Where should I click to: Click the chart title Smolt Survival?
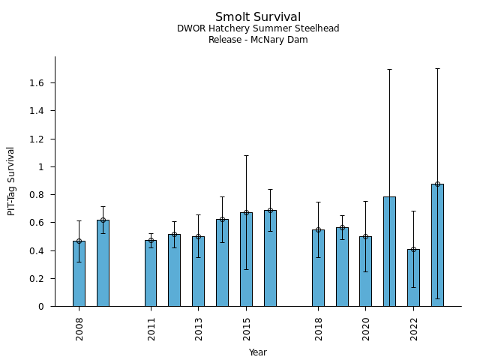(x=258, y=17)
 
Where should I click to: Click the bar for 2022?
(x=413, y=277)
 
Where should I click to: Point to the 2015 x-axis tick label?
(x=247, y=328)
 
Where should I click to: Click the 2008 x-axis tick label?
(x=79, y=328)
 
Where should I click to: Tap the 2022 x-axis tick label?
(x=414, y=328)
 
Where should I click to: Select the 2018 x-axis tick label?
(x=319, y=328)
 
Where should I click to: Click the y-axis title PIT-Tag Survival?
(x=11, y=181)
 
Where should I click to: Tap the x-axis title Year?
(x=258, y=352)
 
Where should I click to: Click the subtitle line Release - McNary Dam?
(x=258, y=40)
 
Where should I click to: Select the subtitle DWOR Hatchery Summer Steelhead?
(x=258, y=28)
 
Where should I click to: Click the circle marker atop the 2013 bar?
(x=198, y=236)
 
